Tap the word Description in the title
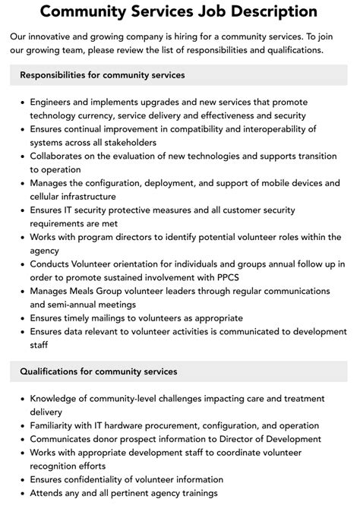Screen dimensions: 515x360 [x=271, y=11]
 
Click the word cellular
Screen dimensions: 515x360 [x=48, y=196]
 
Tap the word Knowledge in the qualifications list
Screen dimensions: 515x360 [x=55, y=398]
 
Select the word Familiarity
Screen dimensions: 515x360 [x=55, y=425]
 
